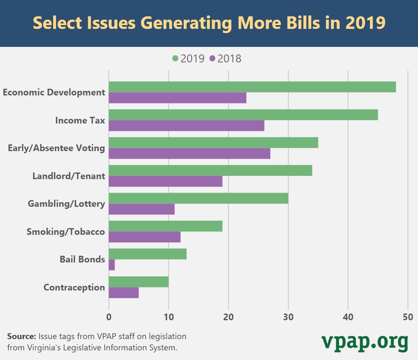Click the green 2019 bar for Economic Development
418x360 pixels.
coord(252,87)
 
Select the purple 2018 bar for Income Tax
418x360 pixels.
coord(186,126)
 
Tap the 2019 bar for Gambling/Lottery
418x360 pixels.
coord(198,198)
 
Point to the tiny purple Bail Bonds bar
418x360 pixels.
coord(112,265)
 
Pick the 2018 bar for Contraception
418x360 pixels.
coord(123,293)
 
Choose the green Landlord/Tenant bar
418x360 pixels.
coord(210,170)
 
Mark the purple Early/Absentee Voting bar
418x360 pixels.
coord(189,153)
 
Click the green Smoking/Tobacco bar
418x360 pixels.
coord(165,226)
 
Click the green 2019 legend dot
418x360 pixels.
coord(175,59)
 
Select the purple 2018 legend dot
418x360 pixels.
coord(212,59)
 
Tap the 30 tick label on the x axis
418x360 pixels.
coord(288,316)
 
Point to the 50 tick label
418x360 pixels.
coord(408,316)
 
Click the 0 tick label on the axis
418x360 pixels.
coord(109,316)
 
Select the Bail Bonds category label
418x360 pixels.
coord(82,260)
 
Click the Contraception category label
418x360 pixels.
coord(74,288)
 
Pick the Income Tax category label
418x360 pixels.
coord(80,121)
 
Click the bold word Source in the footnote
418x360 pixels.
coord(22,336)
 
